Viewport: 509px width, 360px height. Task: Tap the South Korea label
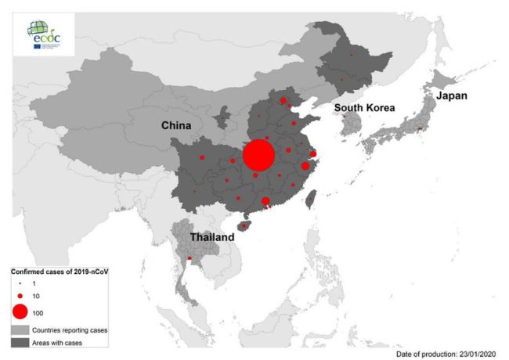point(364,107)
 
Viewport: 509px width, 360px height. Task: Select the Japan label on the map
point(452,95)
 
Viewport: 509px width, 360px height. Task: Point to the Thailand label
point(209,236)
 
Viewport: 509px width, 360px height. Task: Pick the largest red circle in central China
point(259,155)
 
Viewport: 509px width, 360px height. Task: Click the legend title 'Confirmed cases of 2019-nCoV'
point(58,272)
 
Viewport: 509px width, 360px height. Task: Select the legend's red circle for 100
point(20,312)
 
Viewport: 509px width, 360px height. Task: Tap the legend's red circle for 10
point(20,296)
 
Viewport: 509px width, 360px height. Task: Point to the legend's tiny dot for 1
point(20,283)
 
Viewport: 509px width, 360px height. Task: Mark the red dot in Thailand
point(190,258)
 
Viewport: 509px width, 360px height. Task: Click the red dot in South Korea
point(345,117)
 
